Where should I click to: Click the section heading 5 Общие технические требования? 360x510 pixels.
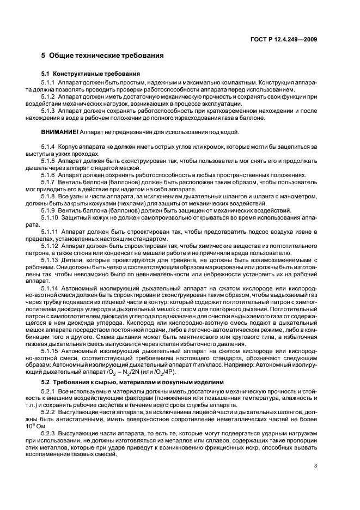102,56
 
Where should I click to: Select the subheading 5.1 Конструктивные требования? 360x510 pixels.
90,74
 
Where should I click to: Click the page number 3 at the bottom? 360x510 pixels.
316,465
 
